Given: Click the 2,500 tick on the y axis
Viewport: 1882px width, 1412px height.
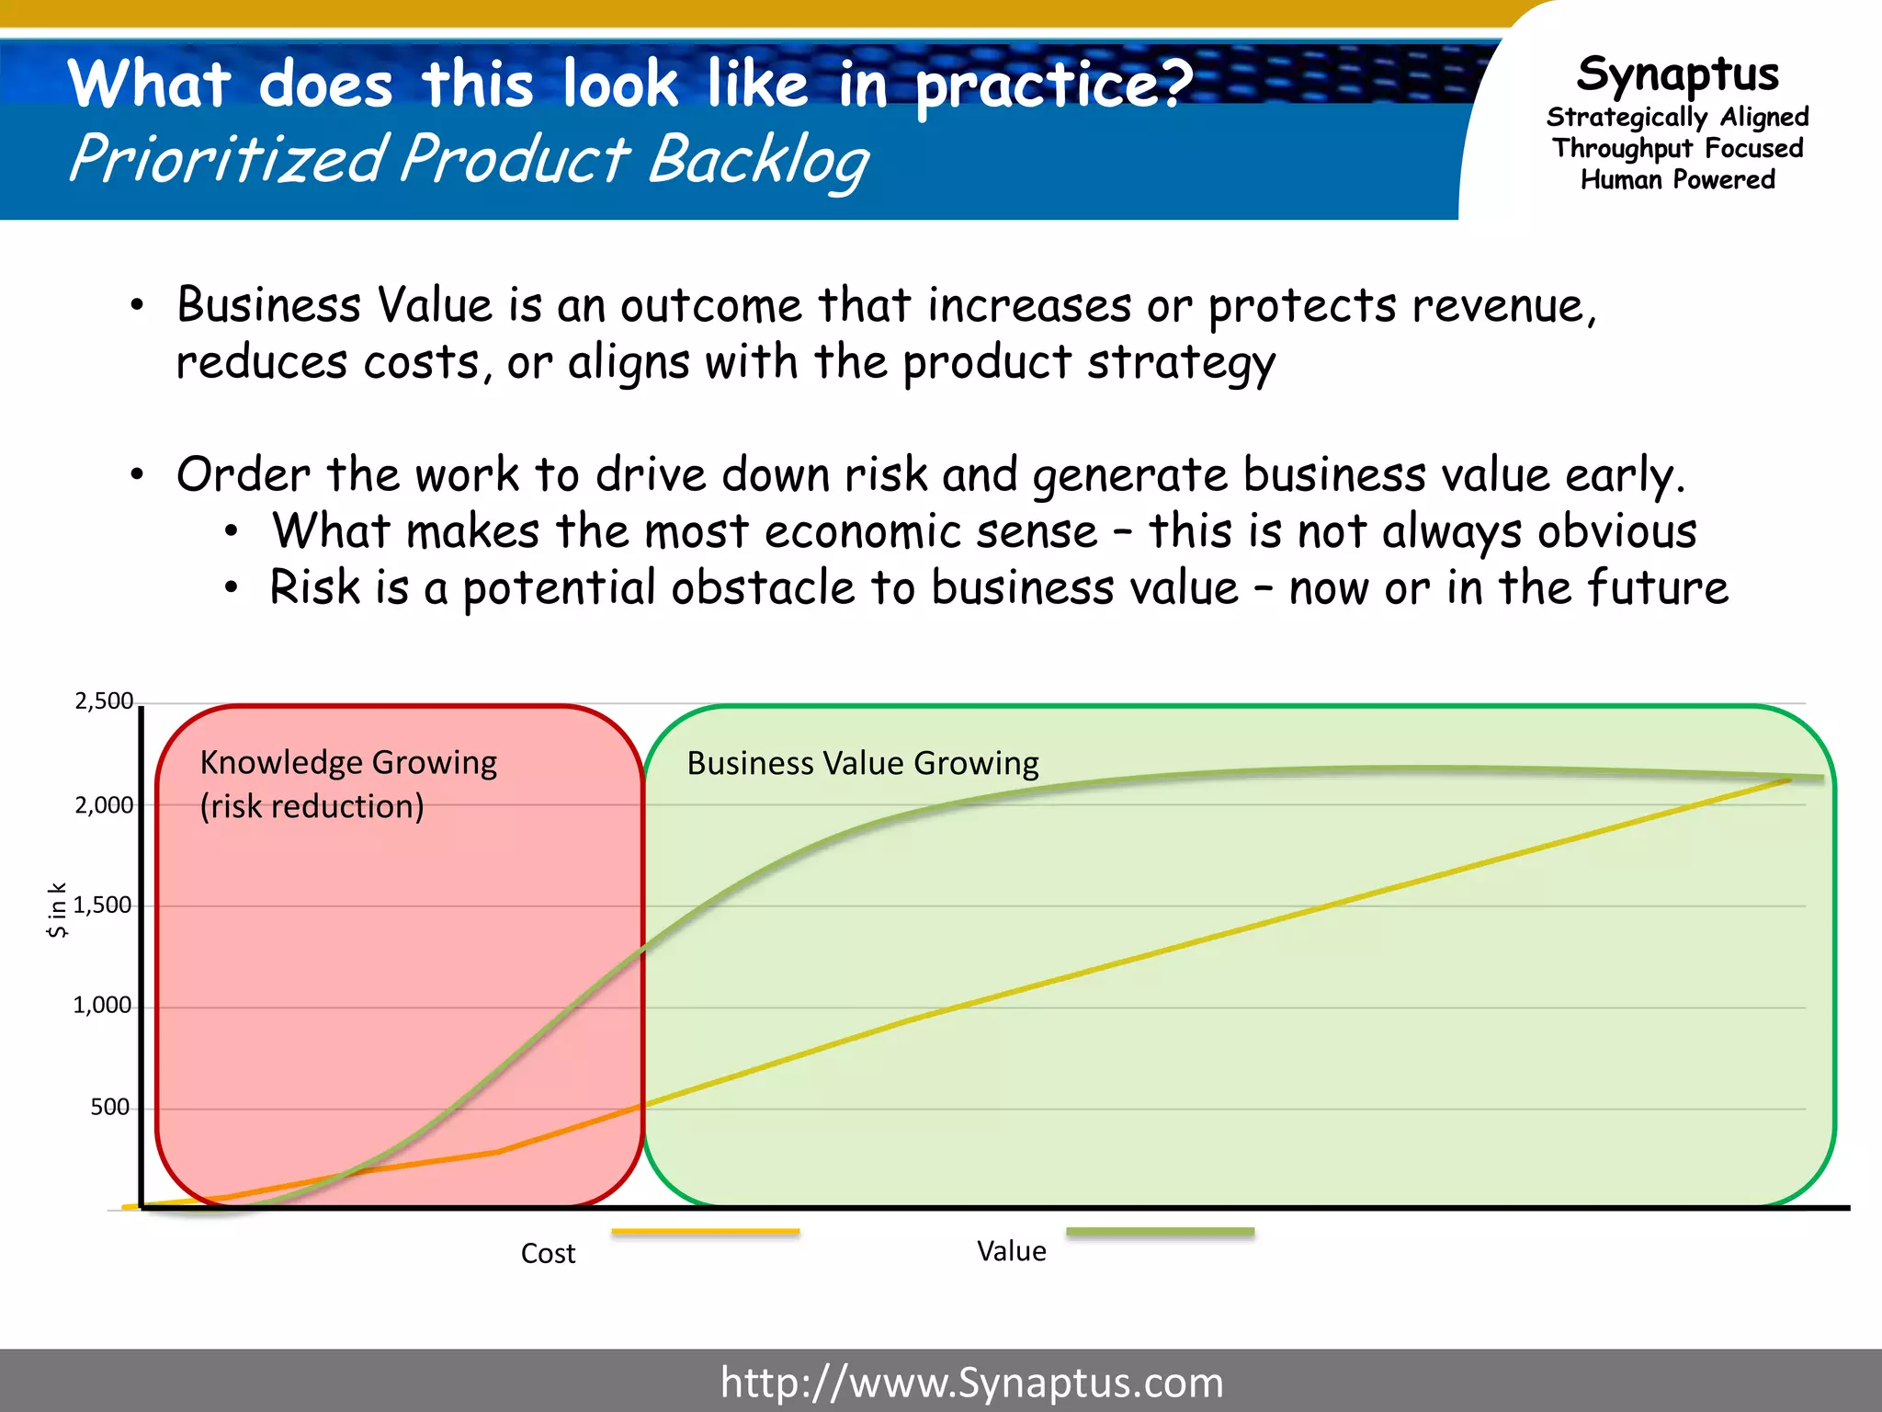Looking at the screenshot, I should (x=104, y=701).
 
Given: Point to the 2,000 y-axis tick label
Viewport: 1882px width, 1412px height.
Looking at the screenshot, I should (x=104, y=806).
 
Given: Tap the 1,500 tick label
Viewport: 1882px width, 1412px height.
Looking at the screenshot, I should (x=102, y=905).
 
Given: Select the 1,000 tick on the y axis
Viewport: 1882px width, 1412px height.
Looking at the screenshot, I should (x=102, y=1006).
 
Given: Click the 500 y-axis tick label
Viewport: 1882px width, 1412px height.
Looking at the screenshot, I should (x=109, y=1107).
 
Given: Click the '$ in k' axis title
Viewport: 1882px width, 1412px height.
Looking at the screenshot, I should (x=57, y=909).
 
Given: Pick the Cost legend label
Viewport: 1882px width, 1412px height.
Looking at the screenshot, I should (x=548, y=1254).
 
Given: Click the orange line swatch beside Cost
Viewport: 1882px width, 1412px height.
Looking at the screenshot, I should (x=705, y=1232).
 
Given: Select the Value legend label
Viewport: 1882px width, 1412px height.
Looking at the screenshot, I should (x=1011, y=1251).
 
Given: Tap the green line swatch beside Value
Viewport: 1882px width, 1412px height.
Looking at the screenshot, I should (x=1160, y=1232).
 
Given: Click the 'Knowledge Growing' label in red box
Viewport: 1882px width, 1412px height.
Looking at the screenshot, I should (x=348, y=763).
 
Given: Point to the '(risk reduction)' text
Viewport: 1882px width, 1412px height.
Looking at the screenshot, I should (x=312, y=807).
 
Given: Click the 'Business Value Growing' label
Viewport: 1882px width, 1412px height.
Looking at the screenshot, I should (x=863, y=764).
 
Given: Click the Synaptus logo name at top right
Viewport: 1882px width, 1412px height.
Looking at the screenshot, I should (x=1678, y=74).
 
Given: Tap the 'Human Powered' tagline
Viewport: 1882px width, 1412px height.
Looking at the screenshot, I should (x=1678, y=180).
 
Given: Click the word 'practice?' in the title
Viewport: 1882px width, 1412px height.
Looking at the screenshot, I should (x=1053, y=85).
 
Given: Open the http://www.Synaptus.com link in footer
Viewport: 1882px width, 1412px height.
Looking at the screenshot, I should (x=971, y=1383).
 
